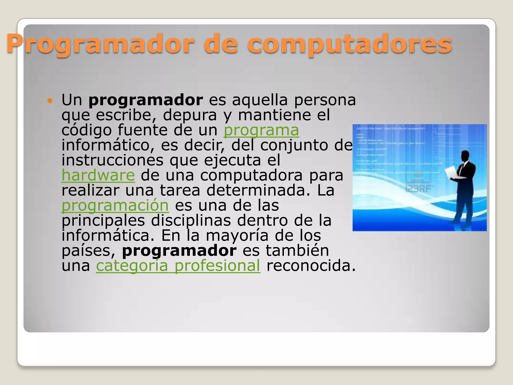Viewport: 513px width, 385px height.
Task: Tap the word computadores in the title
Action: click(x=349, y=45)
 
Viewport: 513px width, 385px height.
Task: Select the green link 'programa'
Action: click(x=261, y=130)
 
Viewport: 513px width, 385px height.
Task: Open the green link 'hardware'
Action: click(x=98, y=175)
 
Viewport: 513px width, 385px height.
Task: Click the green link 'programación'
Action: click(x=115, y=206)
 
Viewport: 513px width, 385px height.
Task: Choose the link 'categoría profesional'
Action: click(x=178, y=266)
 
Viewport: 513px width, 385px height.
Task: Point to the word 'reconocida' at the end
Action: click(x=311, y=266)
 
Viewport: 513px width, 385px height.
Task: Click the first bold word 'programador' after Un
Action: click(x=146, y=100)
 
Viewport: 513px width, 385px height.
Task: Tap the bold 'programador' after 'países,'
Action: click(x=179, y=251)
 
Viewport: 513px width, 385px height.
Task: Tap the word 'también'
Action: click(x=297, y=251)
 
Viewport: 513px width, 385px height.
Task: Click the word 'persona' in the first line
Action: click(x=325, y=100)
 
